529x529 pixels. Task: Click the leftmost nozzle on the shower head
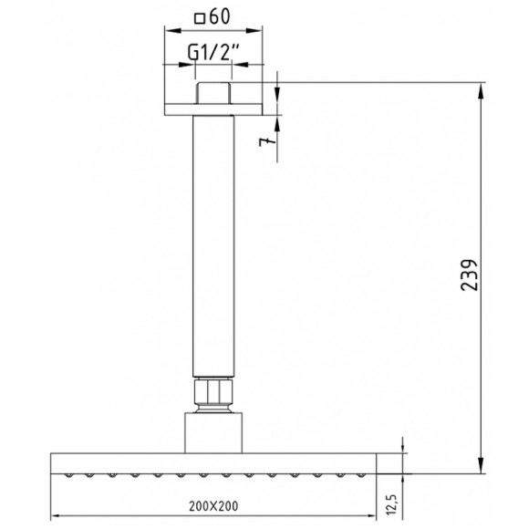67,474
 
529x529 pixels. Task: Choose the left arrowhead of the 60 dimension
168,30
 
